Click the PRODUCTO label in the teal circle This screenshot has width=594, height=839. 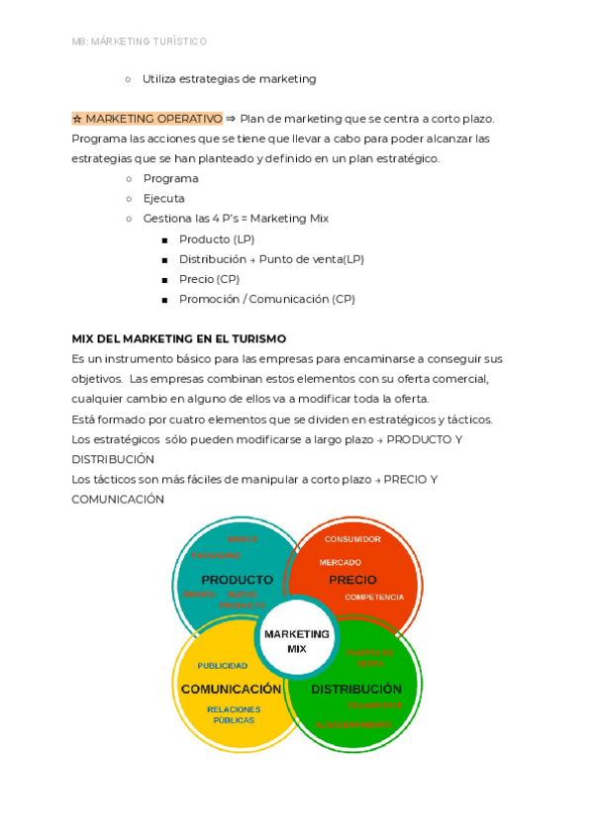pos(237,580)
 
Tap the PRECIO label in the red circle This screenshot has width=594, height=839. pos(352,580)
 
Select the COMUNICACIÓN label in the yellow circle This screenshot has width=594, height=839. pos(231,689)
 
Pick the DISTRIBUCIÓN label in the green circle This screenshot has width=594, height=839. pos(356,689)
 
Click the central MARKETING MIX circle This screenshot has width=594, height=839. pos(297,640)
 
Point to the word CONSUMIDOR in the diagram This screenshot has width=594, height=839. pos(352,539)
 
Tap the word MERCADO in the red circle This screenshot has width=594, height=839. pos(340,562)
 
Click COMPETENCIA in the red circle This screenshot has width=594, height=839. pos(374,598)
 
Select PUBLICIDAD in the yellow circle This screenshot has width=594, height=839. pos(223,666)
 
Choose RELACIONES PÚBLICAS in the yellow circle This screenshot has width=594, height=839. pos(234,714)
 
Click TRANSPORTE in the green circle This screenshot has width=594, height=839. pos(374,704)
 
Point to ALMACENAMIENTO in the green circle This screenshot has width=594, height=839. pos(353,725)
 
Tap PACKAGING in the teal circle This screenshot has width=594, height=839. pos(216,556)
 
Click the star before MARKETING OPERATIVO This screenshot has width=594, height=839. pos(77,119)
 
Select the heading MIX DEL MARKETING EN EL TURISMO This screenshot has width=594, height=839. pos(178,338)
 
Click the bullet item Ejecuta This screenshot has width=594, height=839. pos(163,198)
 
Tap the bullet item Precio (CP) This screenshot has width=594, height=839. pos(209,279)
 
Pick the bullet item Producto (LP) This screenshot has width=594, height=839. pos(217,238)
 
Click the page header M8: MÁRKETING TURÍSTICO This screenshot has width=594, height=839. pos(140,42)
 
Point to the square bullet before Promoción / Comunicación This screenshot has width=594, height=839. pos(164,300)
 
